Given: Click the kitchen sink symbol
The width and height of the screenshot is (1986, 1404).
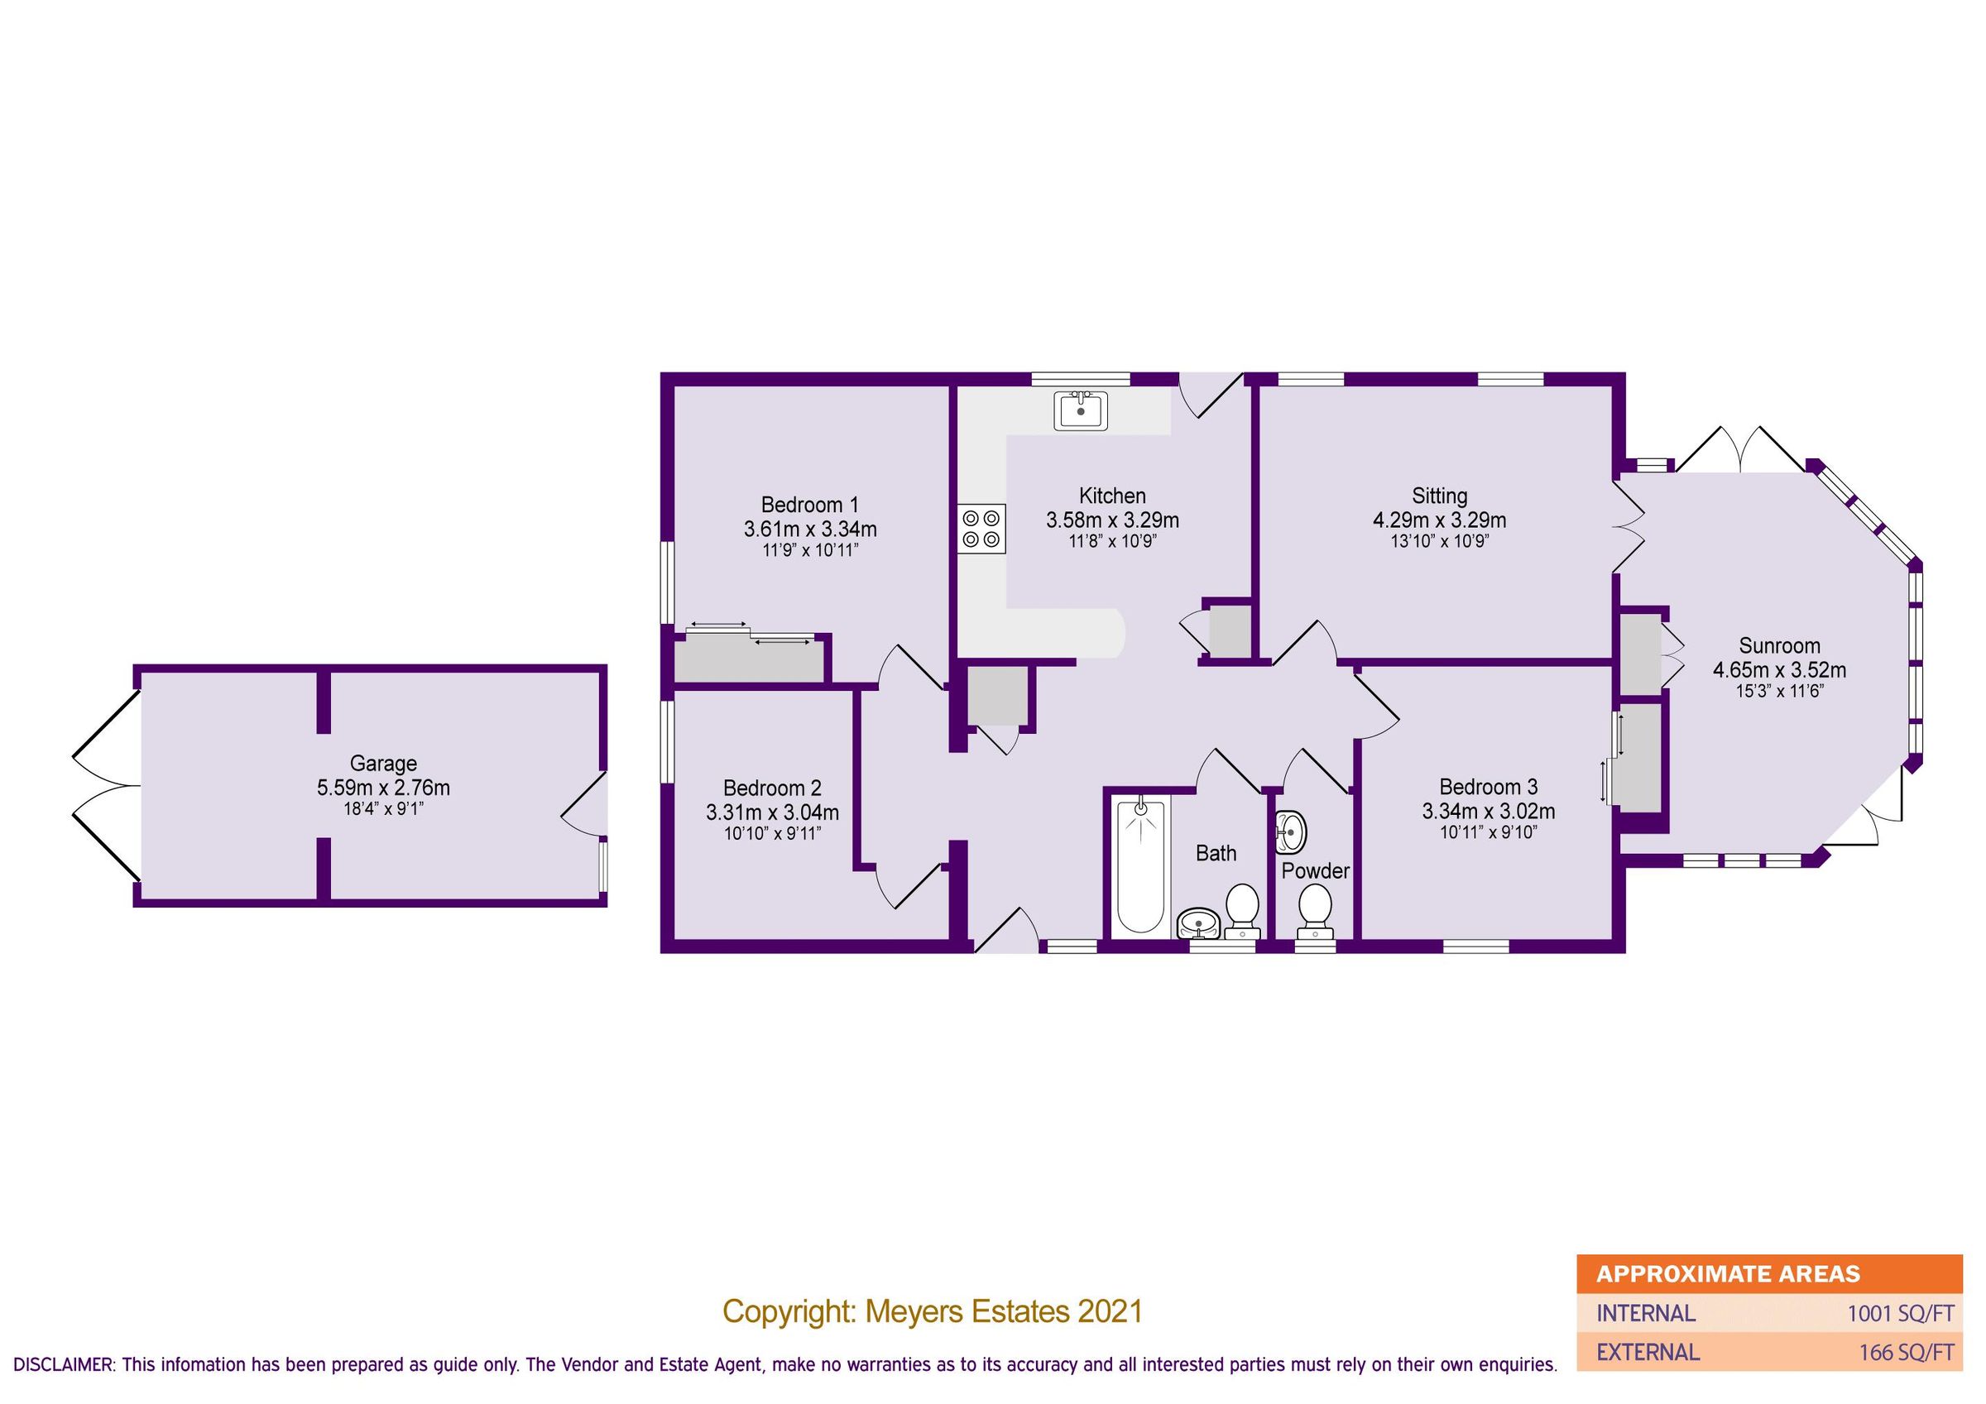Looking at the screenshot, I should click(1081, 410).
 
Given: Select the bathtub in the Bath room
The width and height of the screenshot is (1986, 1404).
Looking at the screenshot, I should click(1141, 868).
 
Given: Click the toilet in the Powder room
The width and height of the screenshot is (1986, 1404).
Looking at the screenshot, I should click(1316, 910).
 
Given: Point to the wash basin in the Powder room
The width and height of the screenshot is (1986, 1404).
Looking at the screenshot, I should click(1291, 832).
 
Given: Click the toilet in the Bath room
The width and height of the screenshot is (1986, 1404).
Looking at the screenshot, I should click(1243, 909).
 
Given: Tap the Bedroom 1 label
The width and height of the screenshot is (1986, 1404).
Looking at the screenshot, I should click(809, 505).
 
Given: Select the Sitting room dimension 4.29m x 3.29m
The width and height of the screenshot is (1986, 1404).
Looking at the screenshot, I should click(1439, 520).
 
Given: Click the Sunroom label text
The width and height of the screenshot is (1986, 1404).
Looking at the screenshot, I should click(1779, 645).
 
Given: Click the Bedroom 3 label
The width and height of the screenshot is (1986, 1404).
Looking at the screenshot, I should click(1488, 786).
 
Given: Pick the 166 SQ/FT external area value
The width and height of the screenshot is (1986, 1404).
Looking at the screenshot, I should click(1906, 1351).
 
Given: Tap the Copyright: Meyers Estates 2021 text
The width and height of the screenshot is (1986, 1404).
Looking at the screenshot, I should click(933, 1311).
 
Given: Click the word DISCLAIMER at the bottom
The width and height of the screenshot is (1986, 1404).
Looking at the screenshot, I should click(62, 1365).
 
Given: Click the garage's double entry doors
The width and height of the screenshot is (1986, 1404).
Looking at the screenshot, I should click(106, 785).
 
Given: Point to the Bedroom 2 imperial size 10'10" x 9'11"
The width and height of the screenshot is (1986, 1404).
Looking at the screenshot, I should click(771, 833).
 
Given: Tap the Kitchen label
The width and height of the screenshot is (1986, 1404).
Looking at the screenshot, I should click(1111, 496).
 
